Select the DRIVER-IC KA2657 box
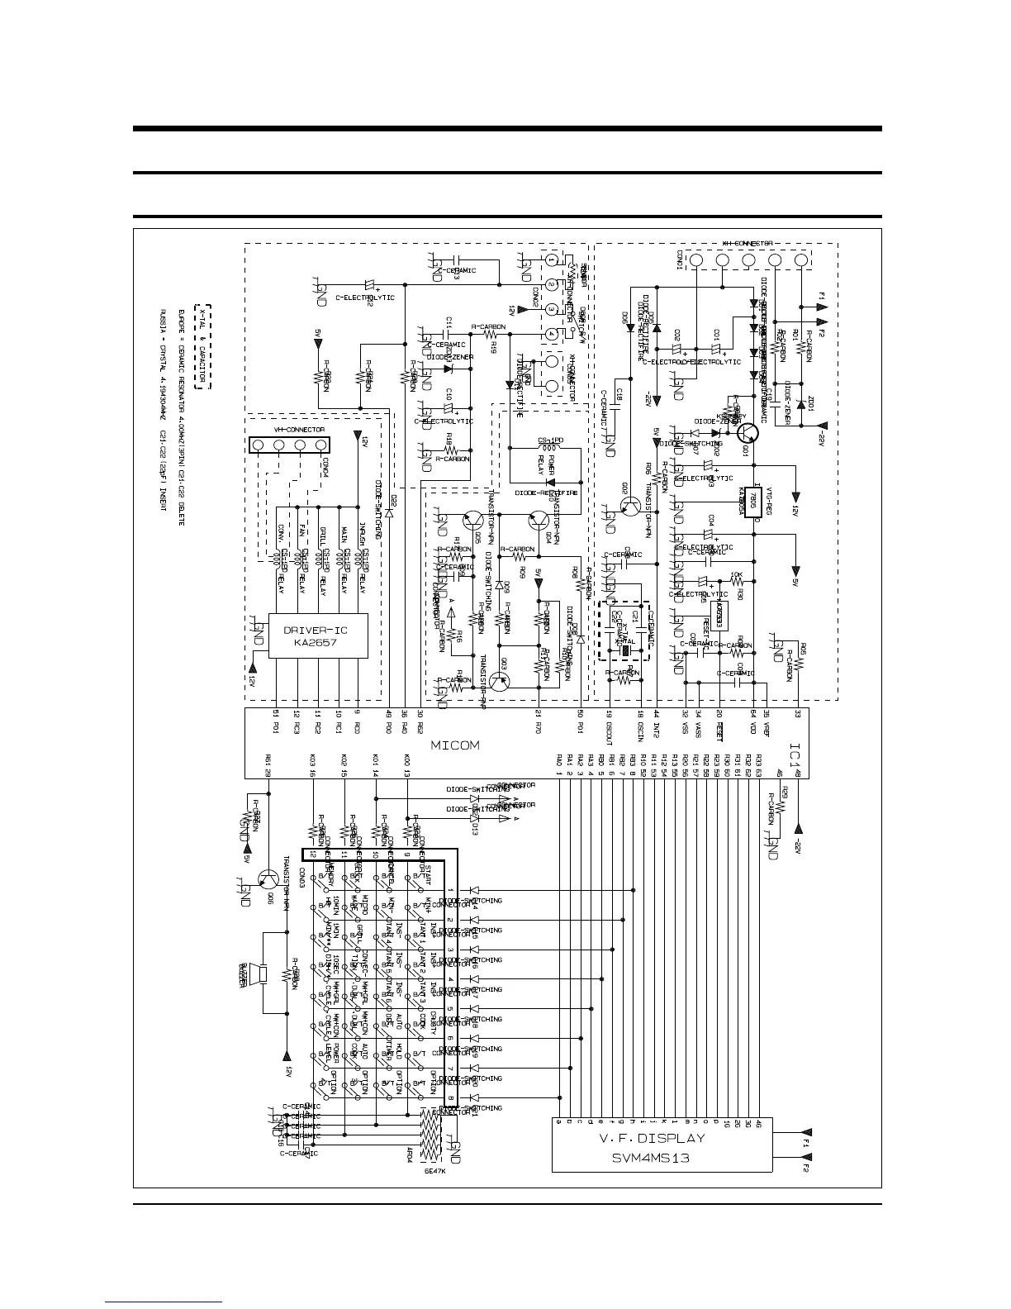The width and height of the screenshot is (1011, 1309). point(316,635)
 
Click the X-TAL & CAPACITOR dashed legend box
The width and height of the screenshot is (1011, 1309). point(202,346)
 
